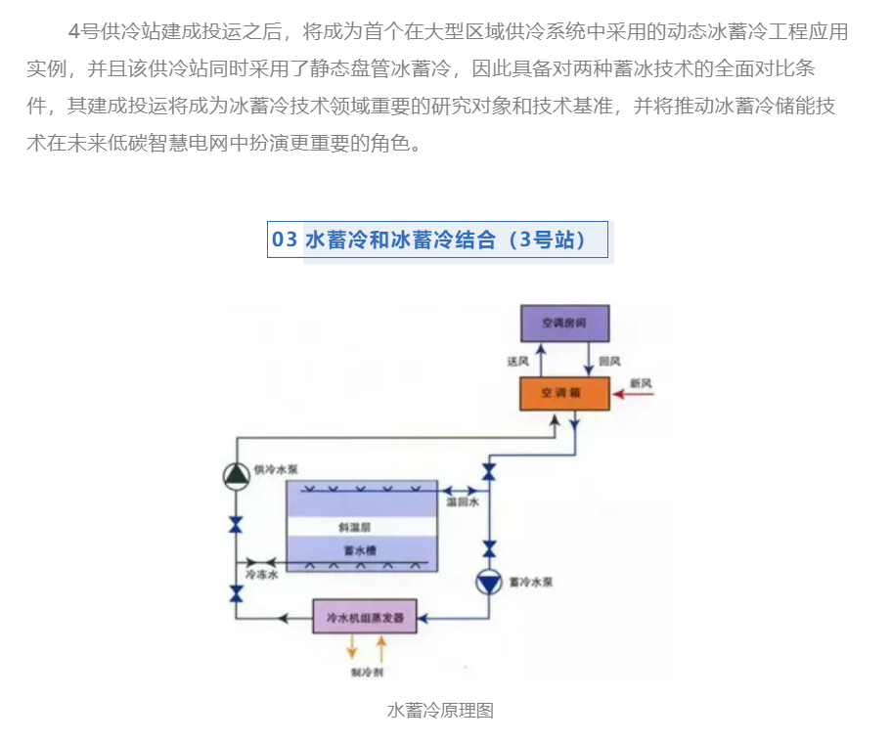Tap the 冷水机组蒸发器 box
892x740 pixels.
pyautogui.click(x=365, y=617)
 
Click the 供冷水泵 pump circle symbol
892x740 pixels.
pyautogui.click(x=236, y=475)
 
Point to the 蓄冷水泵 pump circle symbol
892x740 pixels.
pyautogui.click(x=488, y=583)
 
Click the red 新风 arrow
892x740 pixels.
pyautogui.click(x=632, y=394)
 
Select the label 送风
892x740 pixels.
pyautogui.click(x=517, y=362)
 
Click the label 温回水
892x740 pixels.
pyautogui.click(x=462, y=501)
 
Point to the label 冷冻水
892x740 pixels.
pyautogui.click(x=262, y=576)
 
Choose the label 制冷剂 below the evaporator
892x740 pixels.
pyautogui.click(x=365, y=674)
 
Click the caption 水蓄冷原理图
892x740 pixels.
pyautogui.click(x=441, y=711)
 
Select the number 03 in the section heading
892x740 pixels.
pyautogui.click(x=285, y=239)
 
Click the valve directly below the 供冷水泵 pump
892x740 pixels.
pyautogui.click(x=236, y=525)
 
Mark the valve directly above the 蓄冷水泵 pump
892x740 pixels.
pyautogui.click(x=488, y=548)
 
